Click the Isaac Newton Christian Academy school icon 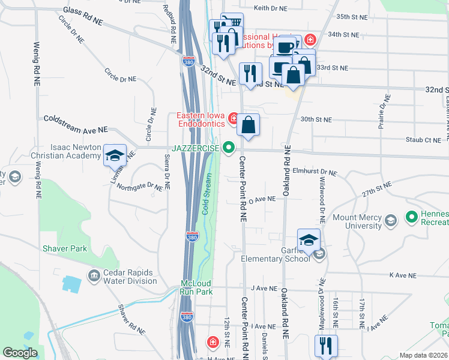pyautogui.click(x=115, y=155)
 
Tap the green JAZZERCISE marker pyautogui.click(x=228, y=147)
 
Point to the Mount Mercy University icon pyautogui.click(x=391, y=221)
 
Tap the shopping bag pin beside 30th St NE pyautogui.click(x=249, y=125)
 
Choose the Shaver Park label pyautogui.click(x=64, y=248)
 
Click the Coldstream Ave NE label pyautogui.click(x=75, y=124)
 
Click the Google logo pyautogui.click(x=20, y=353)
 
